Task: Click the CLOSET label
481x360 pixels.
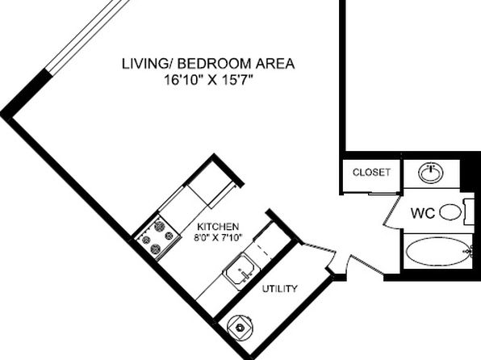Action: coord(371,172)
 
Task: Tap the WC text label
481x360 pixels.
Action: coord(423,213)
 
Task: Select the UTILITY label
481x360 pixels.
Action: coord(279,289)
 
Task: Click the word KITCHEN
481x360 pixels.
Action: coord(218,227)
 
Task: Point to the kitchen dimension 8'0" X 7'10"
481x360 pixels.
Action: coord(218,237)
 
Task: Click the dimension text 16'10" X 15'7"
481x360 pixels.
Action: coord(208,81)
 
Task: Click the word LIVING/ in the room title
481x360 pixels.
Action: coord(148,64)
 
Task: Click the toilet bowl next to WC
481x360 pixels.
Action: coord(450,212)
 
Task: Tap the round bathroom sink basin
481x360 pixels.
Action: coord(431,173)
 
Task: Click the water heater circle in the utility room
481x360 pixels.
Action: coord(240,328)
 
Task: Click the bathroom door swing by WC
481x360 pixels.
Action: coord(391,211)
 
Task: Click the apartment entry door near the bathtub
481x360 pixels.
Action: coord(365,264)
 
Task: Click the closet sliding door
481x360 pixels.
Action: coord(370,194)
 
